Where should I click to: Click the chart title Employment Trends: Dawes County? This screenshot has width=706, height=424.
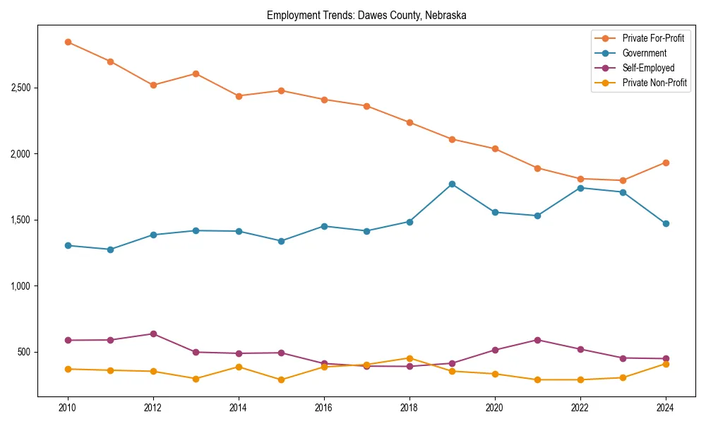click(x=366, y=15)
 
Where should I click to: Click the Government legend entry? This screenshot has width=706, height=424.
click(x=644, y=53)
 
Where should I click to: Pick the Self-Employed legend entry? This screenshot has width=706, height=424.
click(x=648, y=68)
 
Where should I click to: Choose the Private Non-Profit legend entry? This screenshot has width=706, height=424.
click(x=654, y=83)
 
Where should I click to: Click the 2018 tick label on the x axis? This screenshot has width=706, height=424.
click(x=409, y=408)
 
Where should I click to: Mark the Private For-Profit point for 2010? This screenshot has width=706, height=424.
click(x=68, y=42)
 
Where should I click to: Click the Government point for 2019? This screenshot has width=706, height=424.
click(x=452, y=184)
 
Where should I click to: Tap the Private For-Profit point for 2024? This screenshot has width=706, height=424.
click(x=666, y=163)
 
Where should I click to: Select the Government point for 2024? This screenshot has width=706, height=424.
click(x=666, y=223)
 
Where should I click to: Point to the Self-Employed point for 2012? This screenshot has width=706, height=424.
click(x=153, y=334)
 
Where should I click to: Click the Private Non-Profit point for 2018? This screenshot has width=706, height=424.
click(x=409, y=358)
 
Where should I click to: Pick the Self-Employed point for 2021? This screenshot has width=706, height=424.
click(x=537, y=340)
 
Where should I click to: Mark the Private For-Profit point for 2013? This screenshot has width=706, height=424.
click(x=196, y=73)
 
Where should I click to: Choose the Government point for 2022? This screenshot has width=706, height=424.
click(x=580, y=187)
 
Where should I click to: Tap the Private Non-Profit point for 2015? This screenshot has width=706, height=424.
click(x=281, y=379)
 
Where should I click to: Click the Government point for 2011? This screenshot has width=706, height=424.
click(x=110, y=249)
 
